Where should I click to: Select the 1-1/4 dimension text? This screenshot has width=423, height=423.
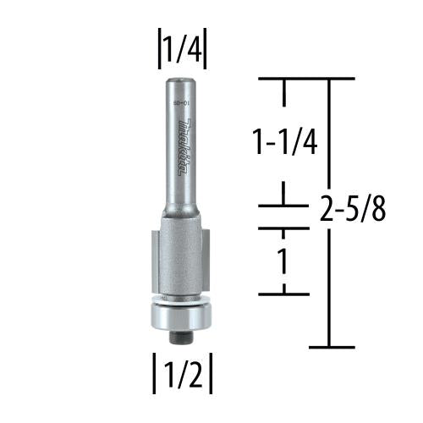coord(286,142)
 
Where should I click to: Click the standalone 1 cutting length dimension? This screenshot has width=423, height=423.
coord(283,261)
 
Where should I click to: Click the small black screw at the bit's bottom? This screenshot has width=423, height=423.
coord(181,336)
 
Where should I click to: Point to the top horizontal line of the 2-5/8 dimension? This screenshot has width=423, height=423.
coord(305,78)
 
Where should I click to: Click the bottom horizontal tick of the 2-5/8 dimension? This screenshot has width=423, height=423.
coord(330,347)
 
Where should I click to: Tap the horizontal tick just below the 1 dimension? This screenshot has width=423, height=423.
coord(283,294)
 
